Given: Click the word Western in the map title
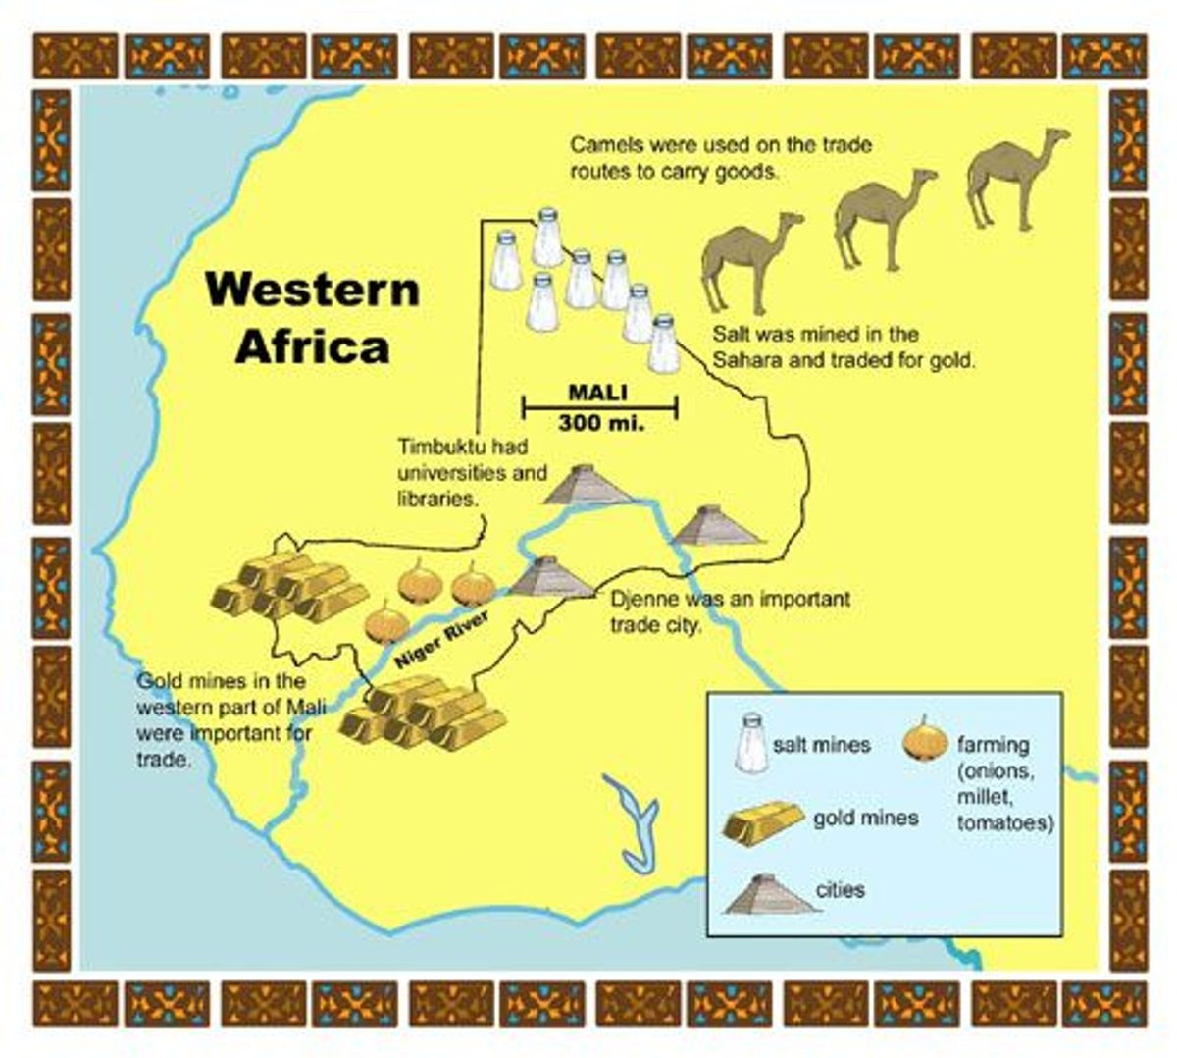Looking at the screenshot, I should (313, 291).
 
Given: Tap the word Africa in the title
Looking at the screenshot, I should (313, 347).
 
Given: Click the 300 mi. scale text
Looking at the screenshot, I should (598, 425).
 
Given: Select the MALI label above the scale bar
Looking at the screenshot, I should (597, 393).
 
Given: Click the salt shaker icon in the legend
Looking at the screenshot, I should (752, 743).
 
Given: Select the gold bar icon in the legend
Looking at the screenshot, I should (762, 822).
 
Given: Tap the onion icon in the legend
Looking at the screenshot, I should (924, 739).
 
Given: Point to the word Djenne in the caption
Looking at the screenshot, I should (643, 599).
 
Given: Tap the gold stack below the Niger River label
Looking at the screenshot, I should (422, 714).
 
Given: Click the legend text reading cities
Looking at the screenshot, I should (841, 890).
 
